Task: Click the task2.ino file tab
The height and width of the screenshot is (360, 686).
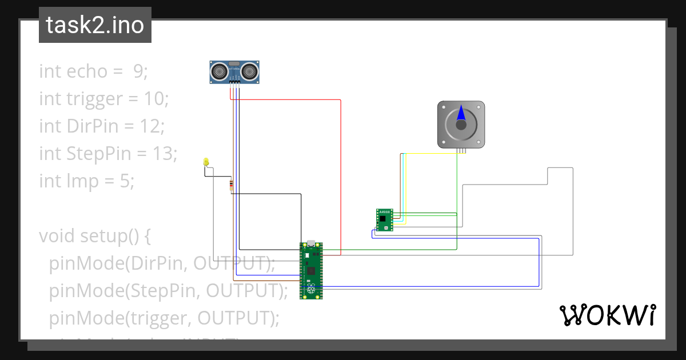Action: pos(95,25)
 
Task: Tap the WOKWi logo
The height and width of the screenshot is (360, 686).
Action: pos(607,315)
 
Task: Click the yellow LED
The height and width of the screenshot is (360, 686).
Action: pos(206,162)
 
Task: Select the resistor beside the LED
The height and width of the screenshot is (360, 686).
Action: pos(231,185)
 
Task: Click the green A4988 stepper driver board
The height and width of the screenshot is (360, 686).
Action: pos(384,220)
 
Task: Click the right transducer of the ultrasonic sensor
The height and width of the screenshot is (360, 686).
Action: pos(250,71)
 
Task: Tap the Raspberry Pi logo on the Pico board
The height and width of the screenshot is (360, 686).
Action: pos(311,290)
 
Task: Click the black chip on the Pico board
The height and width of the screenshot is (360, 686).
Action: pos(311,270)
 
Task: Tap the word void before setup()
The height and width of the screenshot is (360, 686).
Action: pos(57,236)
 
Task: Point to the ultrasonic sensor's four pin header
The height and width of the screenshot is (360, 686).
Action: pos(234,83)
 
